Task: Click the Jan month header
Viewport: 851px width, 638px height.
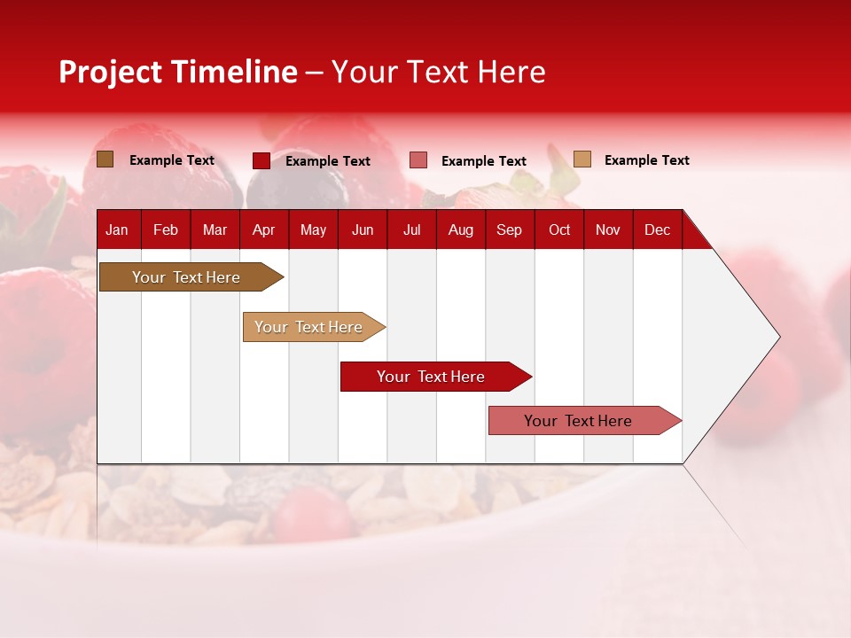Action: click(118, 230)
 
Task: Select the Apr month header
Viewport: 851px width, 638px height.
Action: click(264, 230)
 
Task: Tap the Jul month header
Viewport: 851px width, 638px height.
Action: click(411, 230)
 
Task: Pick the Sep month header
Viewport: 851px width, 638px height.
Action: click(509, 230)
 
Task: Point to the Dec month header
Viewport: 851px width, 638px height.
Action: click(657, 230)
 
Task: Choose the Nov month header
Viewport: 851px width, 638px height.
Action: click(608, 230)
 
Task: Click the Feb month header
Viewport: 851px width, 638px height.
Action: click(166, 230)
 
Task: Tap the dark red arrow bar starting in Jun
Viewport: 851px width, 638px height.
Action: click(432, 377)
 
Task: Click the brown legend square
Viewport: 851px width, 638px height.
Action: click(105, 159)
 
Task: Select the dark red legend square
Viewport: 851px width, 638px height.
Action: click(262, 160)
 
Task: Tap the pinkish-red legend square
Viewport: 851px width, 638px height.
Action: click(418, 160)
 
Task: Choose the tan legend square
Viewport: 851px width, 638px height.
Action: click(582, 159)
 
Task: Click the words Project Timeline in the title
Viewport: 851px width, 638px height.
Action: click(177, 72)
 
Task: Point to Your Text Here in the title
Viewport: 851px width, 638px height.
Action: click(438, 72)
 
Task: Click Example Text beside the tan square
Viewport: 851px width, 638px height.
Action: click(646, 160)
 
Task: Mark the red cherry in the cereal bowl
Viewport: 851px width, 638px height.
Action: click(312, 512)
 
